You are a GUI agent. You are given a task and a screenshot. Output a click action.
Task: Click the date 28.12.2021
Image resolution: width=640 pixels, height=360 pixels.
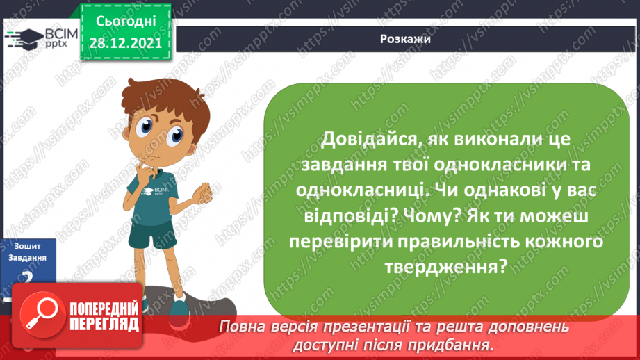coord(125,44)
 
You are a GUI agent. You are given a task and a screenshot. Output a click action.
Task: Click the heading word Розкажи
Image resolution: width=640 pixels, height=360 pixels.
coord(405,39)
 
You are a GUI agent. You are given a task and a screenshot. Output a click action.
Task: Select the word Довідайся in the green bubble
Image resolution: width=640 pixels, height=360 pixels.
coord(368,139)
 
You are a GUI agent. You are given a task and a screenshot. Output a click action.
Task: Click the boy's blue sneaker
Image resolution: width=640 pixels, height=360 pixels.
coord(179,305)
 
